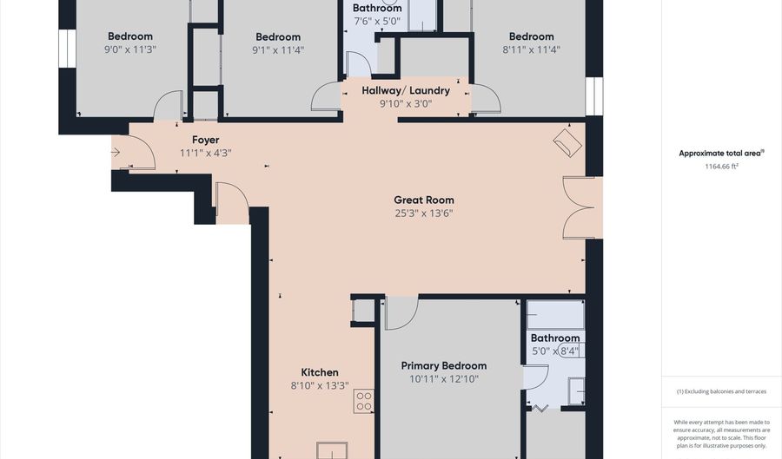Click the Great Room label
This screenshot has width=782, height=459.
pos(424,200)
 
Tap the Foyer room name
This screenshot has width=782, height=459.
pos(205,140)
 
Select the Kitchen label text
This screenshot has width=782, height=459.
pos(320,372)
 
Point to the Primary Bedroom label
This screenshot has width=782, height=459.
pos(444,366)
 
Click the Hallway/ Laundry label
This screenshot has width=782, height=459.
pos(406,90)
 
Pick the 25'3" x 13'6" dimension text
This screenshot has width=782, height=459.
pos(424,213)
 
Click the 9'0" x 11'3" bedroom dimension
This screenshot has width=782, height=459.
pos(130,49)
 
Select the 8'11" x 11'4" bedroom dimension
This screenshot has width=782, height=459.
pos(532,49)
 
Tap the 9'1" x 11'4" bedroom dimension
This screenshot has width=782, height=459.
pos(278,49)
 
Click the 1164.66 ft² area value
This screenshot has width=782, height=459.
pos(721,167)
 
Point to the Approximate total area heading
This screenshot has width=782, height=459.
pos(721,154)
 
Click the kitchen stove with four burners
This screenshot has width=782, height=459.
pos(364,401)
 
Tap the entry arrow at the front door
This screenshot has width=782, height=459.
pos(116,153)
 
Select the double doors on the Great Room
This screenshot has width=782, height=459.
pos(579,207)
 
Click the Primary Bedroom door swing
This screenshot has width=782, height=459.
pos(401,312)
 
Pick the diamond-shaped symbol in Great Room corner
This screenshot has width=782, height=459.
pos(567,143)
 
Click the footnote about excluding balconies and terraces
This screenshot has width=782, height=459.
pos(721,391)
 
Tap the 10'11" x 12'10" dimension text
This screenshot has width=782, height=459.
pos(444,379)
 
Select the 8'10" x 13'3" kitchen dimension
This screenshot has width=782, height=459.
pos(320,385)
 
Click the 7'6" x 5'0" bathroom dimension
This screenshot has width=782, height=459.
pos(377,22)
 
